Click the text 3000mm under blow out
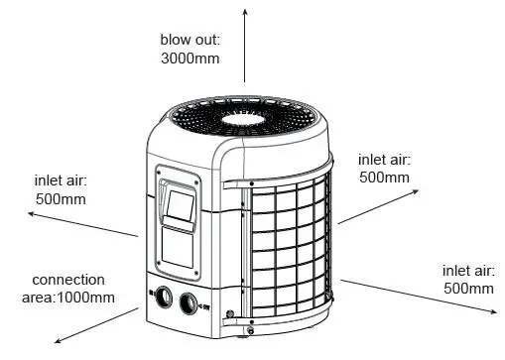click(188, 59)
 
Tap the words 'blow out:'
click(188, 41)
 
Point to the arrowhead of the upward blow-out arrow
click(247, 8)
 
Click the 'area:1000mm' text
click(67, 297)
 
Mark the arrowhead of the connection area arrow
click(59, 340)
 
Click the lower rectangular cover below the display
click(183, 252)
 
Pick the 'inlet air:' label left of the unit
click(62, 180)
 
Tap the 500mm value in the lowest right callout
click(467, 288)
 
